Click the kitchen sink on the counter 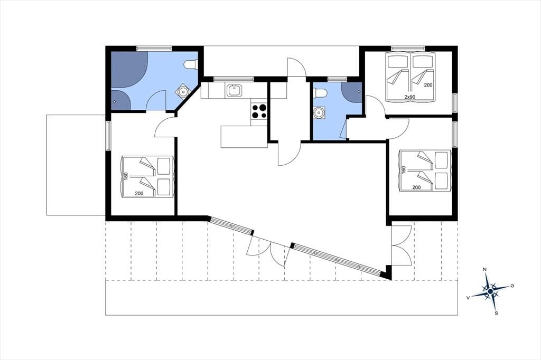point(234,91)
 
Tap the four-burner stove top point(259,111)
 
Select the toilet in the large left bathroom point(190,64)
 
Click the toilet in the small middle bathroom point(320,93)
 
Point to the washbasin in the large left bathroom point(182,91)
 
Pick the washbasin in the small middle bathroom point(319,112)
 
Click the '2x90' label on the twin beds point(409,97)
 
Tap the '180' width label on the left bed point(126,176)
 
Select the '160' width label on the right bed point(404,170)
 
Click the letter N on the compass point(485,269)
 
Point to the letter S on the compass point(496,313)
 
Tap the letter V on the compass point(468,297)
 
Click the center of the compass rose point(490,292)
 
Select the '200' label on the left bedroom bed point(139,193)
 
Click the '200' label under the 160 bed point(416,187)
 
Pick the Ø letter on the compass point(512,286)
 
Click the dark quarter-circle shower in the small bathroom point(351,92)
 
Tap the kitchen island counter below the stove point(244,137)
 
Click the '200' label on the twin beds point(428,85)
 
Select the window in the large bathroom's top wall point(154,49)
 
